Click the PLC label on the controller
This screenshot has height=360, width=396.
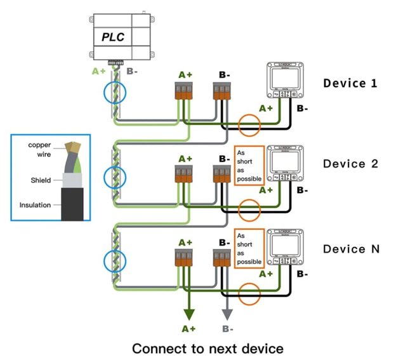(113, 37)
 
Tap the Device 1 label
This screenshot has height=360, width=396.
(351, 83)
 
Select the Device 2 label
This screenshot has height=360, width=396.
(351, 163)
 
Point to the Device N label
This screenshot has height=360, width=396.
(351, 248)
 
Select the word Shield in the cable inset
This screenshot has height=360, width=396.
(41, 180)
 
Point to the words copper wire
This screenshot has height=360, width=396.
(39, 149)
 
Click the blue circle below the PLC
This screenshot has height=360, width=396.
(115, 92)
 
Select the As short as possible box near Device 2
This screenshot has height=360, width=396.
(249, 166)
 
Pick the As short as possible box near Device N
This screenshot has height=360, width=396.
(249, 248)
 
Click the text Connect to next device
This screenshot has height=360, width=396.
(207, 348)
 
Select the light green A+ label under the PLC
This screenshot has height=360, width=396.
(98, 71)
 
